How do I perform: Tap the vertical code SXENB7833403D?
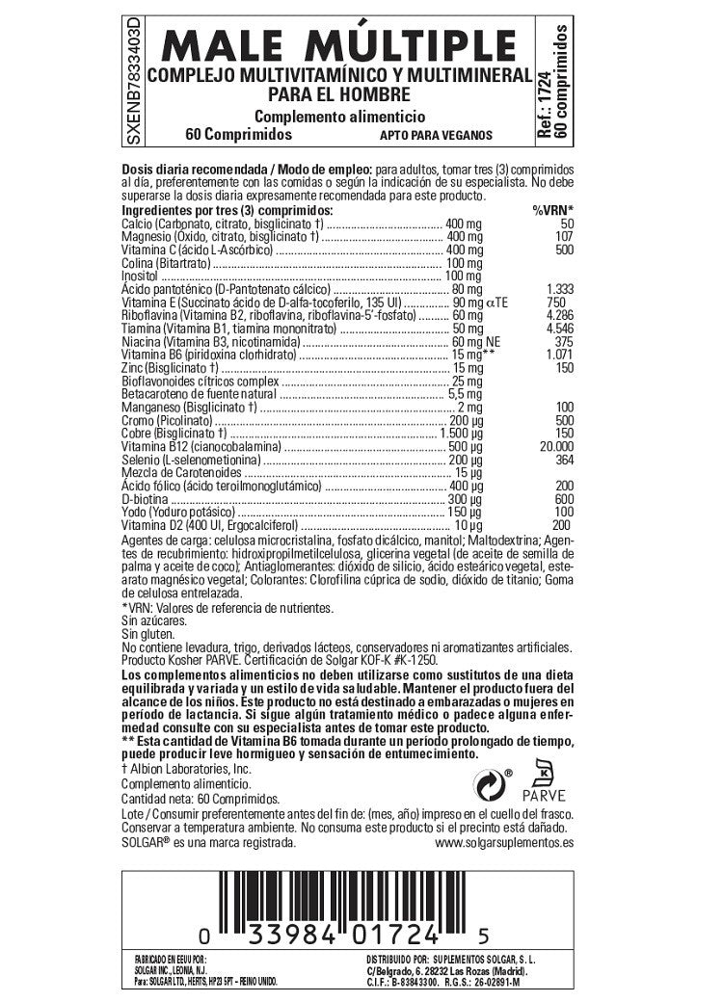(x=133, y=78)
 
